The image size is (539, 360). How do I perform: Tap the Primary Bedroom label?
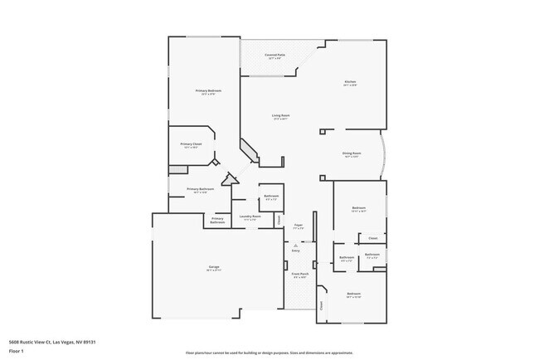(208, 91)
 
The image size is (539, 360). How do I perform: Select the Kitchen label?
(351, 82)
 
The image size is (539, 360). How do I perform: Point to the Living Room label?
(280, 116)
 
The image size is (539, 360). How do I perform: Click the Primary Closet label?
(191, 145)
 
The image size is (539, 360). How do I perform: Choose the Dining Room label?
(351, 153)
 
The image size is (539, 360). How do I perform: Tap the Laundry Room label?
(250, 217)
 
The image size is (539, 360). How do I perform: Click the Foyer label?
(299, 226)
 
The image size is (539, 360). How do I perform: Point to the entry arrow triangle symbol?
(296, 246)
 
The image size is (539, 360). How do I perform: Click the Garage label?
(213, 268)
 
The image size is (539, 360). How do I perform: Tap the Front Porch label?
(299, 275)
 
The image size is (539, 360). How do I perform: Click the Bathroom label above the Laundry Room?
(271, 197)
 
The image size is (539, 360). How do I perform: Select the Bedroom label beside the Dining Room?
(358, 208)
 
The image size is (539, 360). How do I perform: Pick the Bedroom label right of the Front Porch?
(354, 295)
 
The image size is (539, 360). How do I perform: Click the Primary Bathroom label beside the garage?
(216, 221)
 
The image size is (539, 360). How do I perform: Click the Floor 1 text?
(17, 351)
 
